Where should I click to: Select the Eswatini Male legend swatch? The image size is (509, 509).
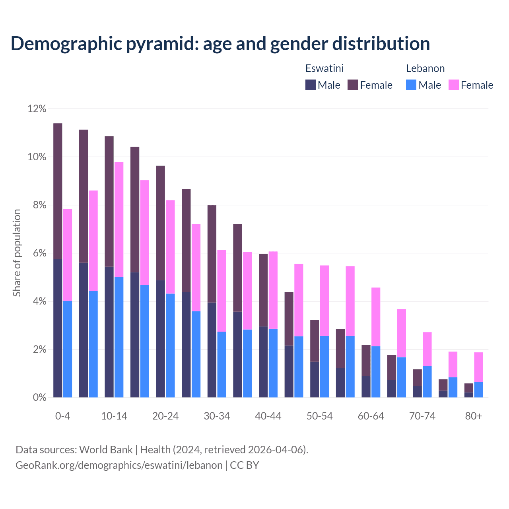pos(310,85)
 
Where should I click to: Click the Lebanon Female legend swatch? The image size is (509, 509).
pos(453,85)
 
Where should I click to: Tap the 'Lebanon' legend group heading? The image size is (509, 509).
pos(425,68)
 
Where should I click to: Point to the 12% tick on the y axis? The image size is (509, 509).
pos(37,109)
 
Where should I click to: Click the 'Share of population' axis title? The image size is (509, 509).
pos(17,253)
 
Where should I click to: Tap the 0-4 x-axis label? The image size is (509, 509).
pos(62,416)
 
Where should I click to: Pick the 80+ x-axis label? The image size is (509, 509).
pos(473,416)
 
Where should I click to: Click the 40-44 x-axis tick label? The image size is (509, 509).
pos(268,416)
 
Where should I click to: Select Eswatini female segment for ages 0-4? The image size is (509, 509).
pos(58,191)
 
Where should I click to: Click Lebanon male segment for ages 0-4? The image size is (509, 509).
pos(68,349)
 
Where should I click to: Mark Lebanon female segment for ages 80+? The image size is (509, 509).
pos(478,367)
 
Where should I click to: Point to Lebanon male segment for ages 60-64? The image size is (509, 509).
pos(376,372)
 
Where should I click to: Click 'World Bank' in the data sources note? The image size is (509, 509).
pos(106,450)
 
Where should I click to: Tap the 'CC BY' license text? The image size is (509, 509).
pos(245,465)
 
